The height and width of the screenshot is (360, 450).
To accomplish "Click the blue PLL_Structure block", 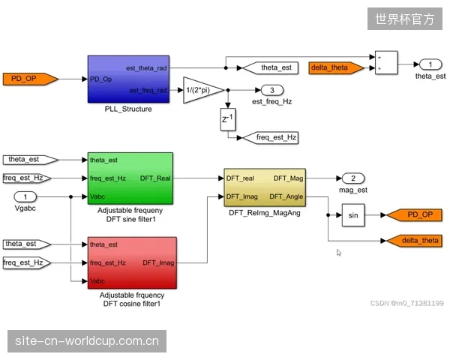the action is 128,79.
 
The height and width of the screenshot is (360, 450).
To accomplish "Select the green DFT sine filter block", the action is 130,178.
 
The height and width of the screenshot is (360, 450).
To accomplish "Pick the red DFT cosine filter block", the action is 132,262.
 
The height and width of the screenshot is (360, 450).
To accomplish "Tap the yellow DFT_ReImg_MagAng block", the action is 265,187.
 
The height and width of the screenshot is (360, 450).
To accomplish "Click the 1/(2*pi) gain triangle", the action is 203,90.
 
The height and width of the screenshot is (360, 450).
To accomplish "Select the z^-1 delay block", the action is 228,119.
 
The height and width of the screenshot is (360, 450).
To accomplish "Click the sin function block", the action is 353,215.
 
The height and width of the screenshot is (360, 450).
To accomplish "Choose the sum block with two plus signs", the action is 386,62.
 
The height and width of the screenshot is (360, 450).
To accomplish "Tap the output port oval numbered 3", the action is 272,90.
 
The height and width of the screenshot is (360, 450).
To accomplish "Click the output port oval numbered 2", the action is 353,178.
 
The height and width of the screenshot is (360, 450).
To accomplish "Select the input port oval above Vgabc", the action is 25,197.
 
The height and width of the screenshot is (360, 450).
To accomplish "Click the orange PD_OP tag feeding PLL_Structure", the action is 30,79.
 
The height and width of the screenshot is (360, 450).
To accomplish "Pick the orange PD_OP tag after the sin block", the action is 415,215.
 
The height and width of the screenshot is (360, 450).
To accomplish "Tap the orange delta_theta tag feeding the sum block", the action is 336,68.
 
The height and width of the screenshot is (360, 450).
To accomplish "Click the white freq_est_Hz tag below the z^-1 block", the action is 270,138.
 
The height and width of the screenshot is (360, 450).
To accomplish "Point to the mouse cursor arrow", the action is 339,253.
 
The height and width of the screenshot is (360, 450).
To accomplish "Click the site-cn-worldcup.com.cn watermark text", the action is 87,341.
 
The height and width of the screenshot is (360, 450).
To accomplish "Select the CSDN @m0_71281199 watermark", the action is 407,303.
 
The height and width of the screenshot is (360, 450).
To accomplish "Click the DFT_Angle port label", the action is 286,196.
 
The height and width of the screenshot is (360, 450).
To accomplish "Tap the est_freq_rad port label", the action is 148,91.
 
